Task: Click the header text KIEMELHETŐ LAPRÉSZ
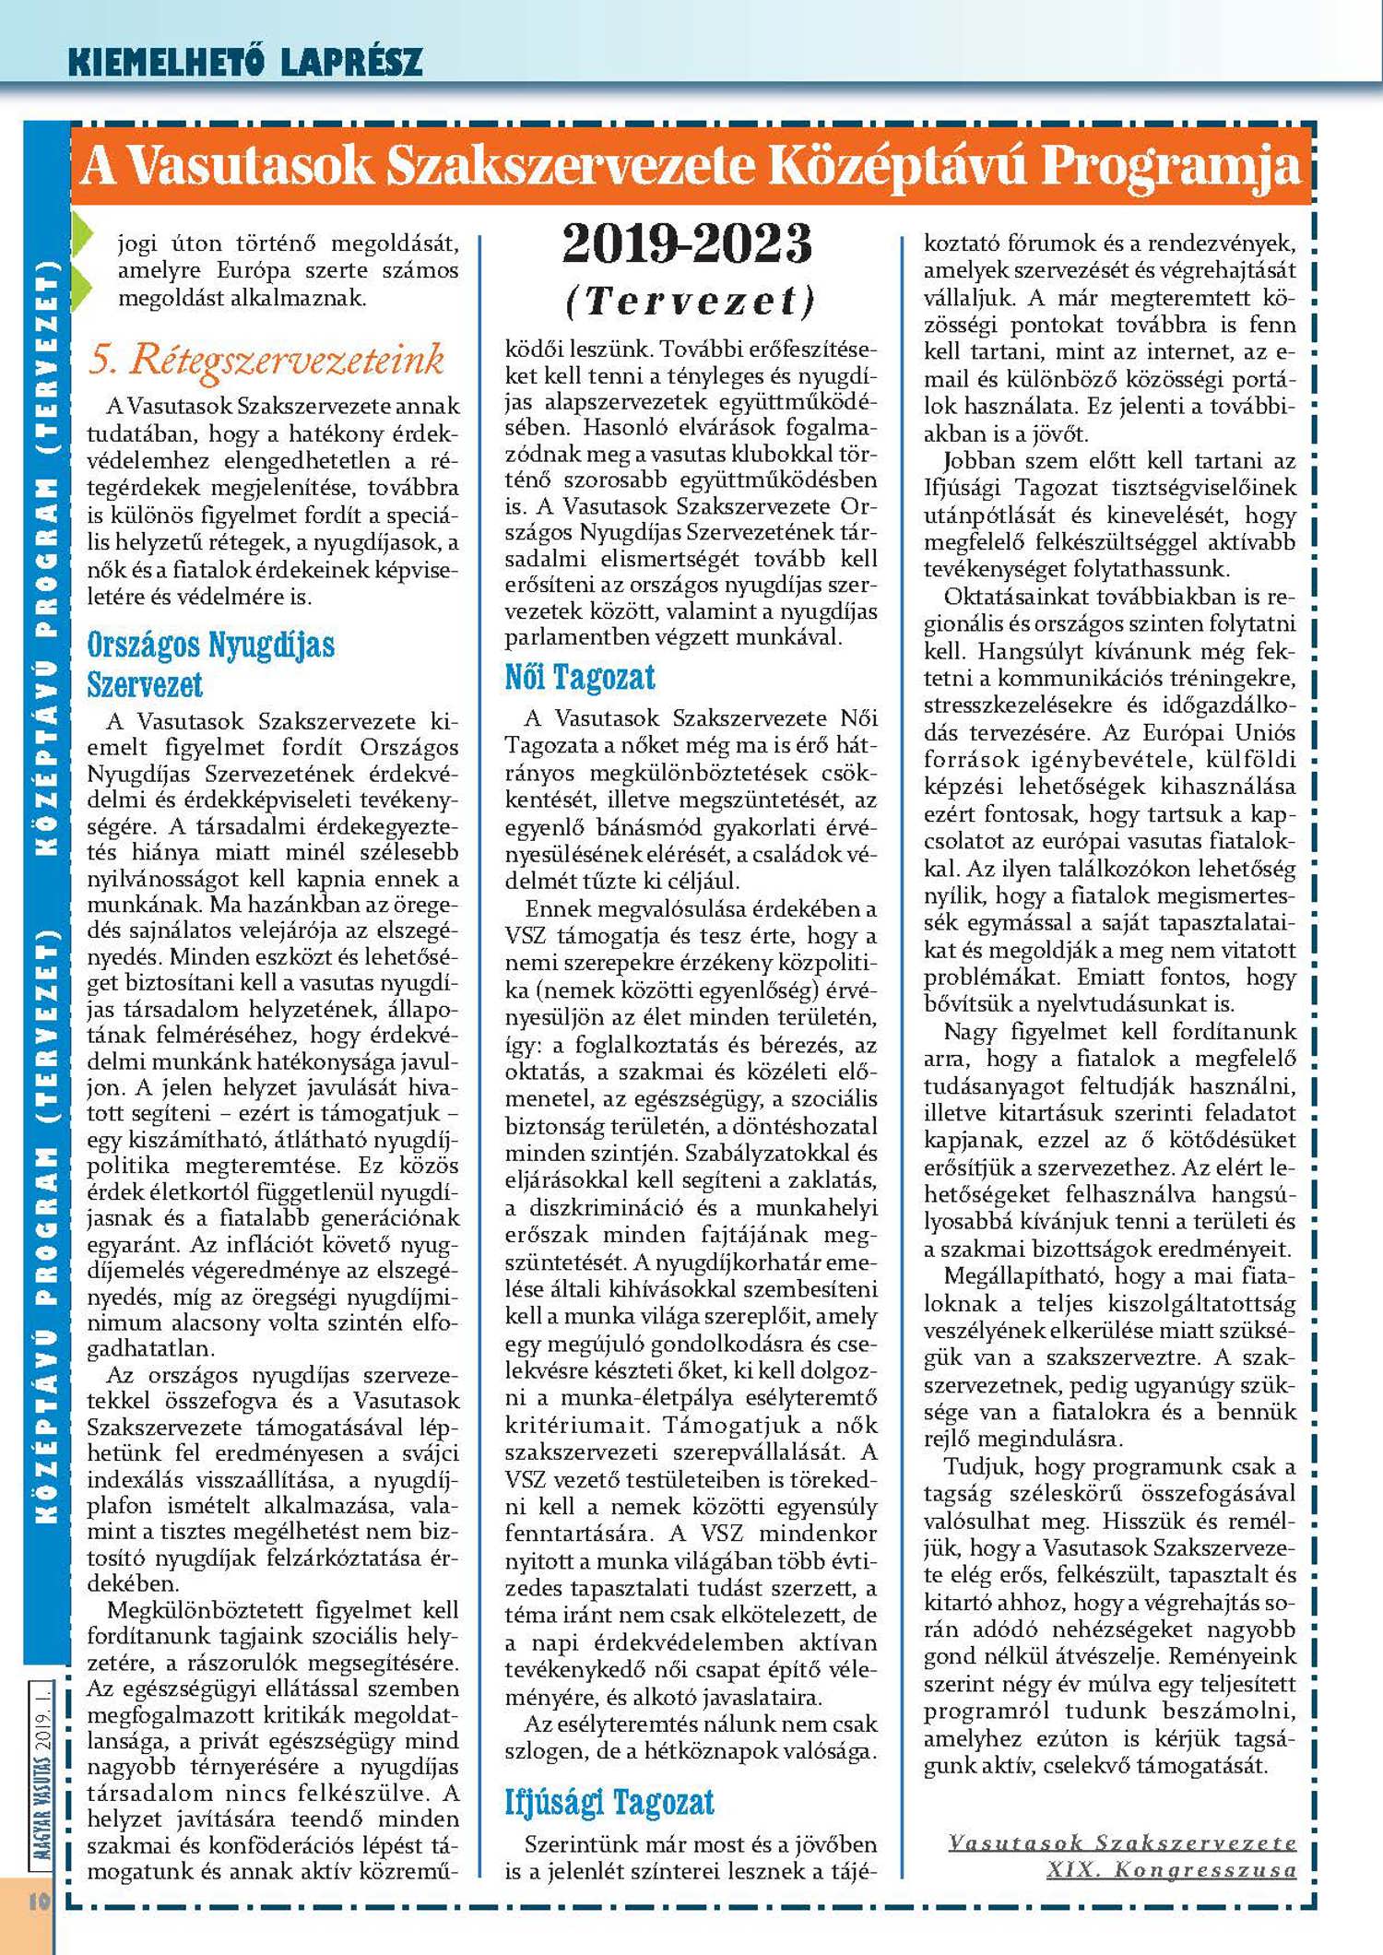(245, 62)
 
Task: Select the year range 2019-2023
(688, 243)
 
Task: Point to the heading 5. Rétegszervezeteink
(266, 359)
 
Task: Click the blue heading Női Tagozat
(580, 678)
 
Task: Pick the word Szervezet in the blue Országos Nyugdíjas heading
(145, 684)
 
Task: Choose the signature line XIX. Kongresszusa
(1171, 1869)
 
